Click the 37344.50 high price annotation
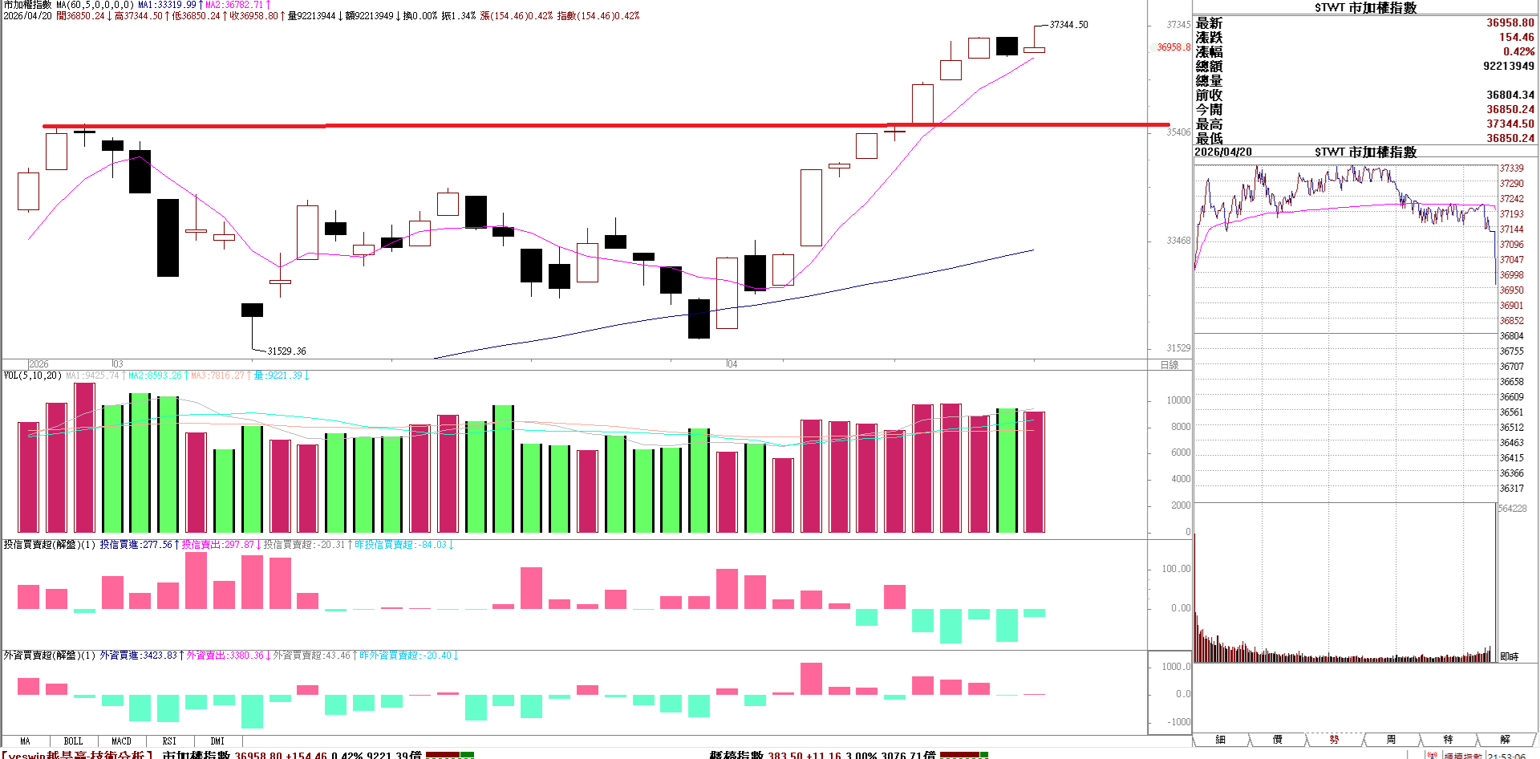tap(1068, 25)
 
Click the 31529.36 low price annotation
tap(286, 351)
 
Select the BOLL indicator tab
tap(73, 741)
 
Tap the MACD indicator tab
tap(121, 741)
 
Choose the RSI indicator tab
tap(169, 741)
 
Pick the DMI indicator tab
tap(217, 741)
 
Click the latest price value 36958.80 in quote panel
tap(1510, 23)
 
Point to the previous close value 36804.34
tap(1510, 95)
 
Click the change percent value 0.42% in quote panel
tap(1518, 51)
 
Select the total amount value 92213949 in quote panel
tap(1509, 66)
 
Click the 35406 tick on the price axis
tap(1178, 132)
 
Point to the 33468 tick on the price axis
tap(1178, 241)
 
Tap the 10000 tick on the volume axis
tap(1178, 400)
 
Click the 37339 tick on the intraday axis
tap(1511, 168)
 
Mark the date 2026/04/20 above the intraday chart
tap(1223, 152)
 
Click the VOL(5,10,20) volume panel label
tap(32, 375)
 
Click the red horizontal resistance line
tap(561, 125)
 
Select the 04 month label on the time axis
tap(731, 364)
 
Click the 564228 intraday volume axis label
tap(1513, 509)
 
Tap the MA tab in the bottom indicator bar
tap(25, 741)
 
